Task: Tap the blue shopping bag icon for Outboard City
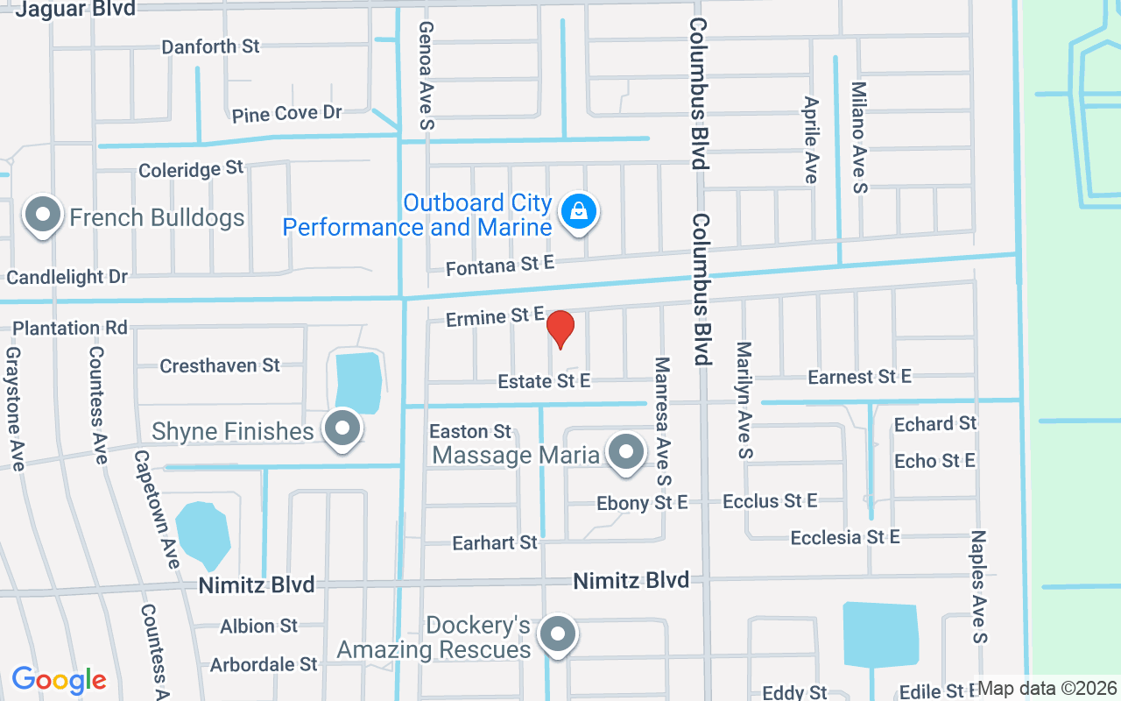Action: pyautogui.click(x=578, y=211)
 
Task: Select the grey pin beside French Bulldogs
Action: pyautogui.click(x=42, y=215)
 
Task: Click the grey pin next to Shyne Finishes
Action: pyautogui.click(x=342, y=428)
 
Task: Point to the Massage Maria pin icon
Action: pyautogui.click(x=625, y=452)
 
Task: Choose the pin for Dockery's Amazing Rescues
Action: pyautogui.click(x=557, y=634)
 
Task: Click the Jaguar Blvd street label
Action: pyautogui.click(x=76, y=10)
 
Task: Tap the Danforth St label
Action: pyautogui.click(x=210, y=46)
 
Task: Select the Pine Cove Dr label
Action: pyautogui.click(x=286, y=114)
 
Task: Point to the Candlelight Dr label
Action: pyautogui.click(x=67, y=277)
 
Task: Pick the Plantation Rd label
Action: pyautogui.click(x=70, y=328)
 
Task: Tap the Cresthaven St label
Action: pyautogui.click(x=219, y=365)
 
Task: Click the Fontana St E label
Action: pyautogui.click(x=500, y=265)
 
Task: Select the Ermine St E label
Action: pyautogui.click(x=495, y=317)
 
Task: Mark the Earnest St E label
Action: pyautogui.click(x=859, y=377)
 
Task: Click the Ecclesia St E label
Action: pyautogui.click(x=845, y=537)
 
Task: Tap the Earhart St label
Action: pyautogui.click(x=495, y=543)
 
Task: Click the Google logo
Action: pyautogui.click(x=59, y=679)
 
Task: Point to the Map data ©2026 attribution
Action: pyautogui.click(x=1047, y=689)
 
